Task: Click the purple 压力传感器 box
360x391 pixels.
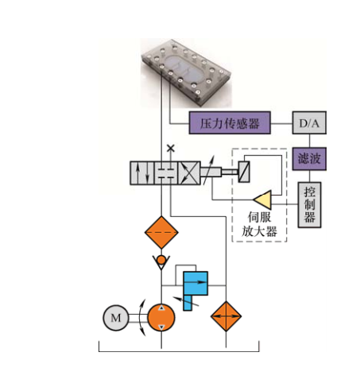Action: click(x=230, y=122)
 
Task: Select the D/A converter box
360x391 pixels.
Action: click(x=309, y=122)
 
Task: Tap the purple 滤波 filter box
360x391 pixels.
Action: click(x=309, y=159)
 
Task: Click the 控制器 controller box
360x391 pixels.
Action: click(x=309, y=205)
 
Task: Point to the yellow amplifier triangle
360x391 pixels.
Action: click(x=264, y=199)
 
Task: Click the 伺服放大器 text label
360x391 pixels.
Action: click(x=259, y=224)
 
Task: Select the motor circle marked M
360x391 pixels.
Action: click(x=116, y=318)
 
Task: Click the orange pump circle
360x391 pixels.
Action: click(x=161, y=317)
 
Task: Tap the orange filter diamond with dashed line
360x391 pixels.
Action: click(x=161, y=232)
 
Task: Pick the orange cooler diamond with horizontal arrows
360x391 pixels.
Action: click(x=226, y=316)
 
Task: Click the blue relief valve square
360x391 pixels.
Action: click(x=195, y=283)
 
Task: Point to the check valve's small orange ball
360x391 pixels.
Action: click(x=161, y=260)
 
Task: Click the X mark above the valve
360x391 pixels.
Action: click(x=171, y=148)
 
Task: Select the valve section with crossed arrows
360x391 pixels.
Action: click(x=189, y=173)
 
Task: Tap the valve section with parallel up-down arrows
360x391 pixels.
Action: click(x=142, y=173)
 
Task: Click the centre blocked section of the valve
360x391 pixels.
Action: click(x=166, y=173)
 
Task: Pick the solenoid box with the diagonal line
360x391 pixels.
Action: click(x=244, y=172)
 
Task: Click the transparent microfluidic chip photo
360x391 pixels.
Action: click(x=186, y=72)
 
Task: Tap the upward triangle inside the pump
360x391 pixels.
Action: click(x=161, y=308)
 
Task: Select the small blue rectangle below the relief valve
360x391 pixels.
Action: click(x=188, y=303)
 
